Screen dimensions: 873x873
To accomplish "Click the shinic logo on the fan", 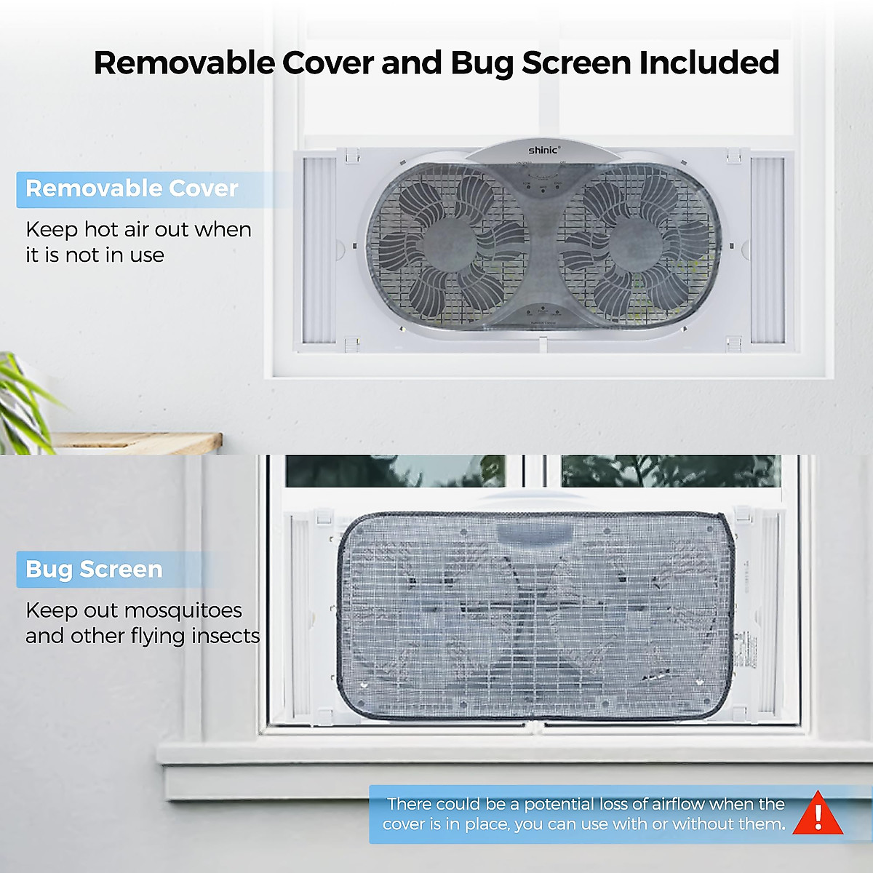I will tap(543, 150).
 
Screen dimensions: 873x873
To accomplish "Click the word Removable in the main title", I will tap(183, 63).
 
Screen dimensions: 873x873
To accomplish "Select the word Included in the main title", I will tap(709, 63).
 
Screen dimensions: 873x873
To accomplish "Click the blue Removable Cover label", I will tap(132, 188).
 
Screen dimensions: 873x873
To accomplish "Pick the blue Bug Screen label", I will tap(94, 569).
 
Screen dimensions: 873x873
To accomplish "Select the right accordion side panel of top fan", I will tap(767, 250).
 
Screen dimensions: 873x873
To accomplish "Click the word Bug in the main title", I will tap(480, 63).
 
